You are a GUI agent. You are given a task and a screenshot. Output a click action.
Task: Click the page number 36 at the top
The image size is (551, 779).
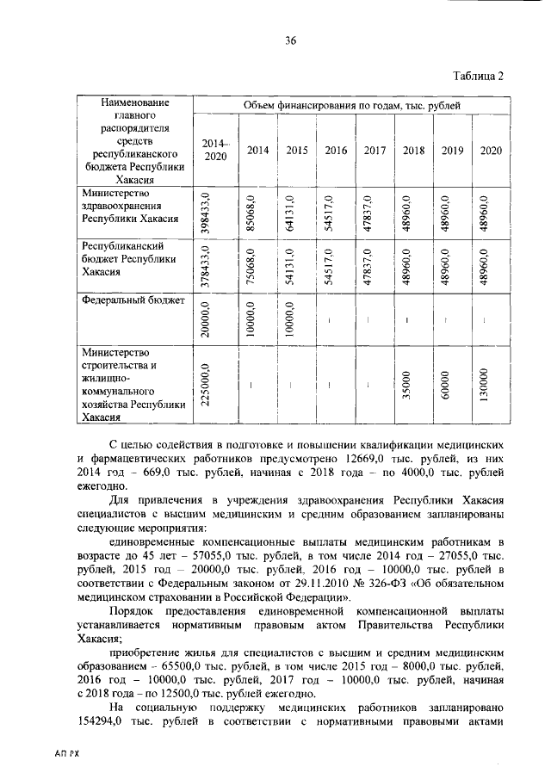pyautogui.click(x=291, y=40)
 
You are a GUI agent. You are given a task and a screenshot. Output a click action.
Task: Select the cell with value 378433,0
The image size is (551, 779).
pyautogui.click(x=206, y=266)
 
